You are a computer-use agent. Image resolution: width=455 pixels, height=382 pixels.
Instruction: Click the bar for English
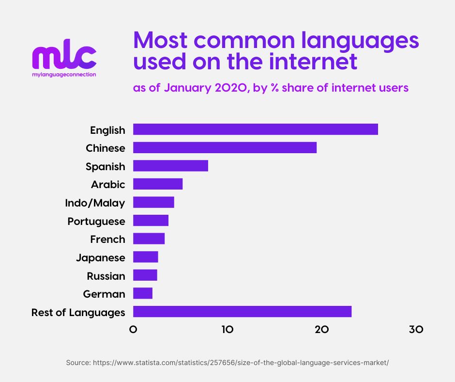click(255, 129)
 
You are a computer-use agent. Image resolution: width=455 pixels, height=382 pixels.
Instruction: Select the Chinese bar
click(225, 148)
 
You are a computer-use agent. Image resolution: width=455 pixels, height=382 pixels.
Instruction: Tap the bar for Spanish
click(170, 166)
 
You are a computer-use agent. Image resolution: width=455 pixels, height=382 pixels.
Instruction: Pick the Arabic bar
click(158, 184)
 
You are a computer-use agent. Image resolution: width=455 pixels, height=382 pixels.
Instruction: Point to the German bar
click(143, 293)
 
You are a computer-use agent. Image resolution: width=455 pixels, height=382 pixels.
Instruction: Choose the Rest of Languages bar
click(242, 312)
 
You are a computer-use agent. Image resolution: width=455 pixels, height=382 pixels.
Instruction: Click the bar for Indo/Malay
click(153, 202)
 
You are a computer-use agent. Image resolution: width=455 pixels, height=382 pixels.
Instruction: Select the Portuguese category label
click(96, 221)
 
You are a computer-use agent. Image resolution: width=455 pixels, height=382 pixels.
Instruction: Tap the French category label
click(107, 239)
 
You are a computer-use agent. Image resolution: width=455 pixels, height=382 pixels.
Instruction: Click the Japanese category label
click(100, 257)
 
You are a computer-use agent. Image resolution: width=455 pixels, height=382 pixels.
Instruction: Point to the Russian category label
click(106, 276)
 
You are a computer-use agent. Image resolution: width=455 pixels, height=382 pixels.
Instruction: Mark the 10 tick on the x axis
click(227, 330)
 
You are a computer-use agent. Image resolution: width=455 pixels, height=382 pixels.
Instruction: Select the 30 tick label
click(415, 330)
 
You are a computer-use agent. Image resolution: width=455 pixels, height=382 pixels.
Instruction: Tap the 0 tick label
click(133, 330)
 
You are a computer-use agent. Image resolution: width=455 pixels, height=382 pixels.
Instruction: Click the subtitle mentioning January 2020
click(271, 88)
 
